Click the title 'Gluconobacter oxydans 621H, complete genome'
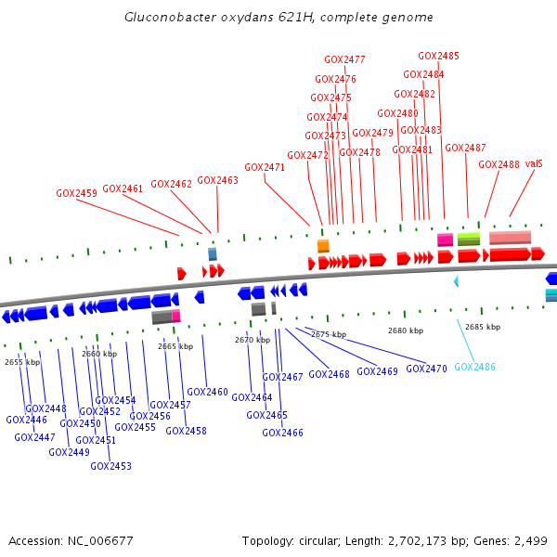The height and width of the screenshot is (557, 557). point(278,18)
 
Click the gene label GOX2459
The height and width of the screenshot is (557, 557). point(76,194)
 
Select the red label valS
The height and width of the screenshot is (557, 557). point(534,163)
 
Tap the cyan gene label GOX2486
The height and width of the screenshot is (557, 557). point(474,367)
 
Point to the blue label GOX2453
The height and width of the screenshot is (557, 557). point(110,466)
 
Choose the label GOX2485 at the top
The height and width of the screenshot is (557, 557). point(438,56)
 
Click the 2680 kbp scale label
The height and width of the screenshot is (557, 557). point(405,330)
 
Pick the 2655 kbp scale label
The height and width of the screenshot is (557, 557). point(22,362)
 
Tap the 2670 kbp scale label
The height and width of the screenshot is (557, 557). point(252,340)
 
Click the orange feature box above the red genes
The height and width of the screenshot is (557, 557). point(323,246)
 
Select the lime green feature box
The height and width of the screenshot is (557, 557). point(469,240)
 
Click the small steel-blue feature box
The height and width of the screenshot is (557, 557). point(213,253)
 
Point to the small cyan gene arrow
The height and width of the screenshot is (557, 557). point(456,280)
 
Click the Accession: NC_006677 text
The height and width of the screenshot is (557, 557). point(71,540)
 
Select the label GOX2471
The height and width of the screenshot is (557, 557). point(265,168)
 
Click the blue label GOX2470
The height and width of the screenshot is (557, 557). point(426,369)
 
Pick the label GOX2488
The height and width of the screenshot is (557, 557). point(499,164)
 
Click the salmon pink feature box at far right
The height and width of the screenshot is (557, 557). point(510,238)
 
